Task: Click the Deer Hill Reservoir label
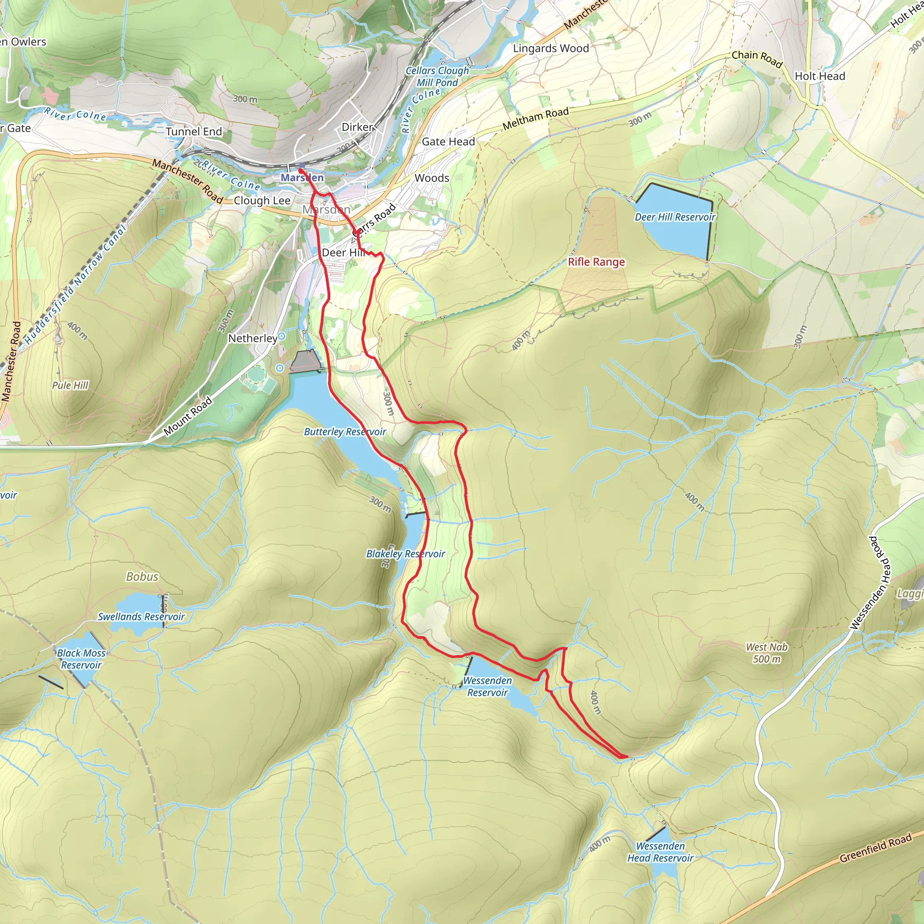pyautogui.click(x=675, y=217)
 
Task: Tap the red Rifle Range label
pyautogui.click(x=596, y=262)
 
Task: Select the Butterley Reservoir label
pyautogui.click(x=345, y=432)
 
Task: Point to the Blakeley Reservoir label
pyautogui.click(x=405, y=554)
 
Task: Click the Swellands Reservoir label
pyautogui.click(x=141, y=616)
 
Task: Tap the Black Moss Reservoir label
pyautogui.click(x=81, y=659)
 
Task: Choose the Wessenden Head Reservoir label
pyautogui.click(x=660, y=852)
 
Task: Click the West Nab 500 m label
pyautogui.click(x=766, y=653)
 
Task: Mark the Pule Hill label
pyautogui.click(x=70, y=385)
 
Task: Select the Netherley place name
pyautogui.click(x=253, y=339)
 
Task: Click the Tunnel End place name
pyautogui.click(x=194, y=132)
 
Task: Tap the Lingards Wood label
pyautogui.click(x=550, y=48)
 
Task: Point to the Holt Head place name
pyautogui.click(x=819, y=76)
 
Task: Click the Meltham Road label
pyautogui.click(x=535, y=118)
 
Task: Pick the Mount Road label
pyautogui.click(x=188, y=416)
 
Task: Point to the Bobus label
pyautogui.click(x=142, y=577)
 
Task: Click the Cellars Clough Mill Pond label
pyautogui.click(x=437, y=77)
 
